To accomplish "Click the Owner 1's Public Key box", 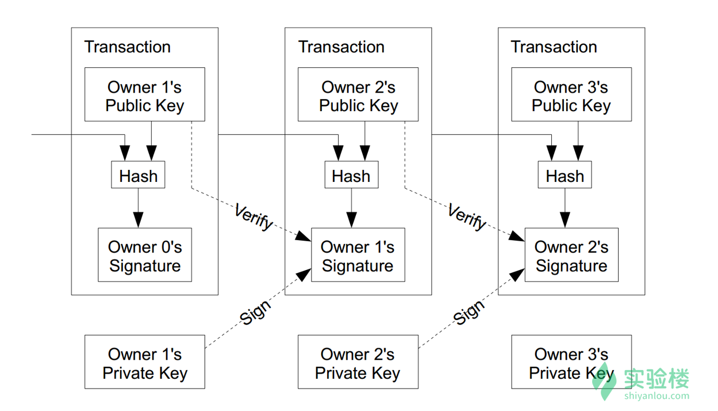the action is (x=144, y=94).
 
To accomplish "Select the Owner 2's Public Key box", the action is (x=358, y=94).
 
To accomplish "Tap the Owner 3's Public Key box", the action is (x=571, y=94).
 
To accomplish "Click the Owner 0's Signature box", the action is (x=145, y=255).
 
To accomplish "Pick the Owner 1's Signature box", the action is (x=358, y=255).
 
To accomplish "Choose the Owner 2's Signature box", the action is (x=571, y=255).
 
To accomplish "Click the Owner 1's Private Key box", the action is (x=144, y=362).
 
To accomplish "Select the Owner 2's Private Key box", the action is (x=358, y=362).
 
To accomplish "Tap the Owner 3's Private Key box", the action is (x=571, y=362).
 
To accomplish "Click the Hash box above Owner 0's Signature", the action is (x=138, y=174).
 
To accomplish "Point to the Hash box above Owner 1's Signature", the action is (x=352, y=174).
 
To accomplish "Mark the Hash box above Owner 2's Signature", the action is (x=565, y=174).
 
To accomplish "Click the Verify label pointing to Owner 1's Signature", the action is (x=253, y=216).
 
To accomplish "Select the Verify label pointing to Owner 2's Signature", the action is (x=467, y=216).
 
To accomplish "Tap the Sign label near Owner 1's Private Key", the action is (x=255, y=312).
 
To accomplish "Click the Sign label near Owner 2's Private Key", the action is (x=469, y=312).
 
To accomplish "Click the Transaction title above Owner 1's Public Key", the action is (x=127, y=47).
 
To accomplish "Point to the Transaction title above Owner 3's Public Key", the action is (x=554, y=47).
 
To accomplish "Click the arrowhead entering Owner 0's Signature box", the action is (x=138, y=220).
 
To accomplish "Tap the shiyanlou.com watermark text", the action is (x=657, y=396).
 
